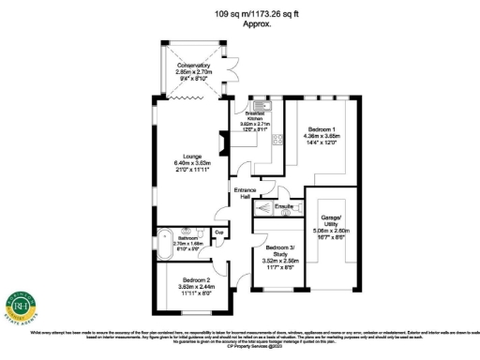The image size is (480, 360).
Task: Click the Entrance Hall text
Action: tap(243, 193)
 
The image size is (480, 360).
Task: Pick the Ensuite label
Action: tap(285, 204)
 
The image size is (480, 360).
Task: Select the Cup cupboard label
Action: tap(218, 232)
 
